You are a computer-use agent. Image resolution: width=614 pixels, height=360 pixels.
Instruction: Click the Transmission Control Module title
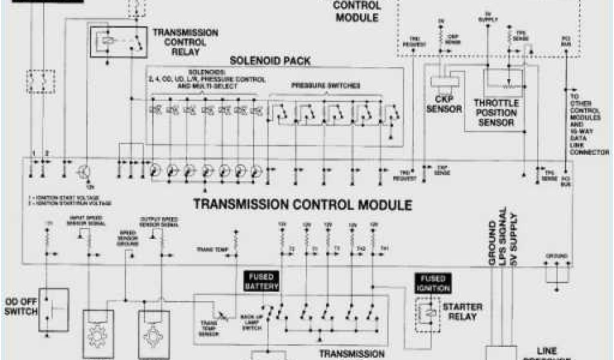pyautogui.click(x=302, y=205)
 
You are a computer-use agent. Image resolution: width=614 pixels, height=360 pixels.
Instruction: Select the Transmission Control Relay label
pyautogui.click(x=185, y=42)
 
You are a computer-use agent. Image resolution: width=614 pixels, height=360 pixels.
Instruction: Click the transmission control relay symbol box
pyautogui.click(x=118, y=42)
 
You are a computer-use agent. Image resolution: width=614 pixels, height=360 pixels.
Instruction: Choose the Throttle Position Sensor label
pyautogui.click(x=495, y=112)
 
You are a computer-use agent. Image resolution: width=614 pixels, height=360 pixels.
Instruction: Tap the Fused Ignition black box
pyautogui.click(x=432, y=283)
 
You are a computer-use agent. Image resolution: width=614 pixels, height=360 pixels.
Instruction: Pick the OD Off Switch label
pyautogui.click(x=20, y=307)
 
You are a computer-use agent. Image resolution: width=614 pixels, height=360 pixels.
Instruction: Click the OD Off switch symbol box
pyautogui.click(x=54, y=310)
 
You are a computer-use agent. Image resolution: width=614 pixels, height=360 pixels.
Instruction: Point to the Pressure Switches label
pyautogui.click(x=326, y=86)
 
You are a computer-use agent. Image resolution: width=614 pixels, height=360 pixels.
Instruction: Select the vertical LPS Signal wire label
pyautogui.click(x=503, y=236)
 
